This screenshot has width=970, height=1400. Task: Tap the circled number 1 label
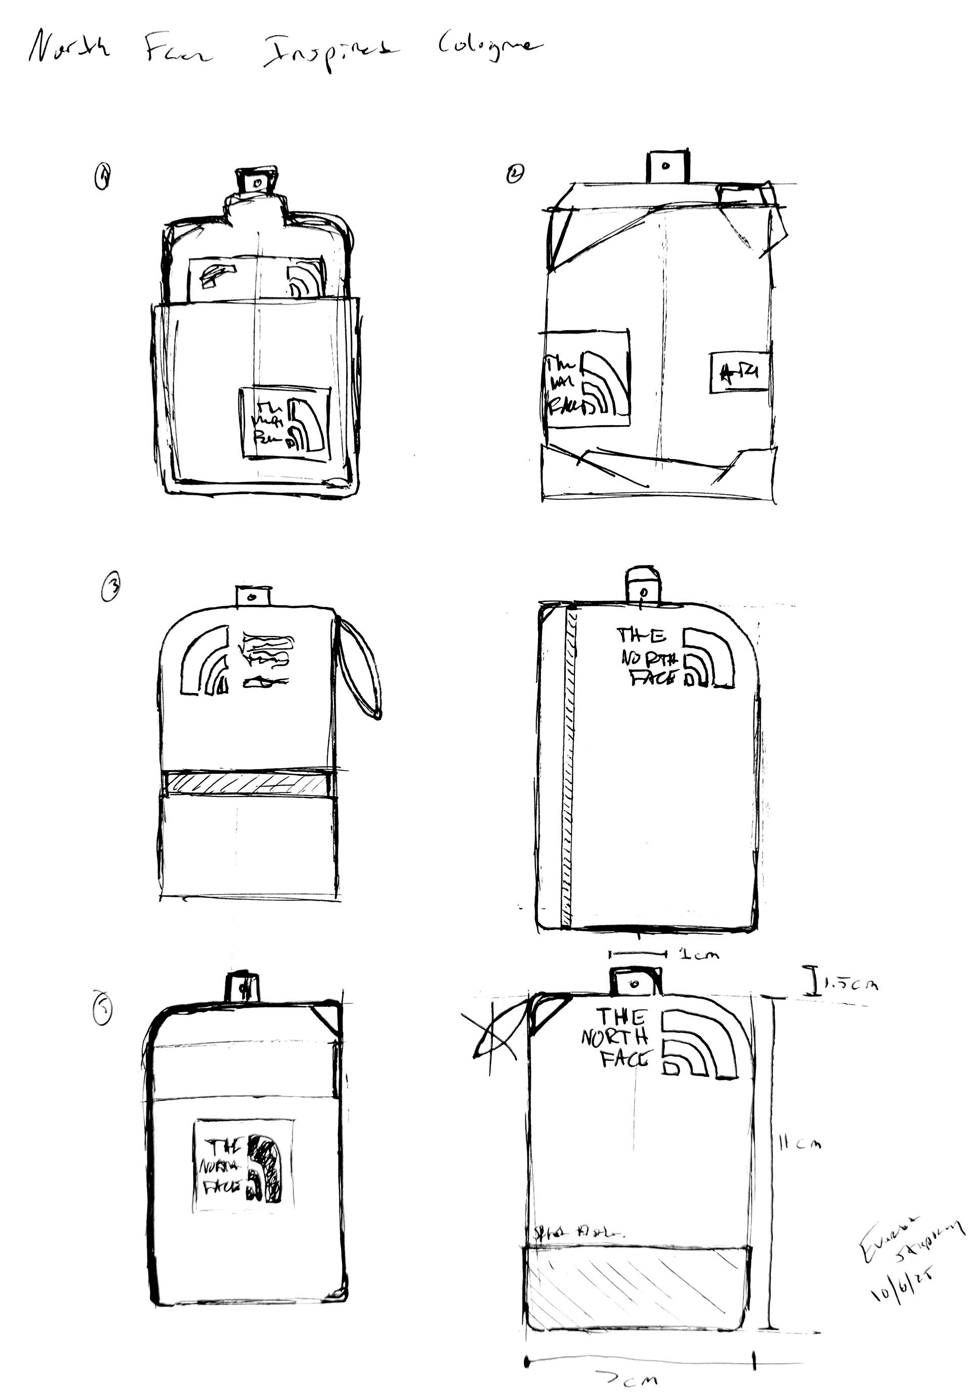tap(104, 179)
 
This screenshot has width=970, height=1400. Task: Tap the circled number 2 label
tap(514, 174)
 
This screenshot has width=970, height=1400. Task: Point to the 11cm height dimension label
tap(800, 1143)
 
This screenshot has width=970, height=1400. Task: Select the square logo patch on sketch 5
tap(243, 1166)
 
